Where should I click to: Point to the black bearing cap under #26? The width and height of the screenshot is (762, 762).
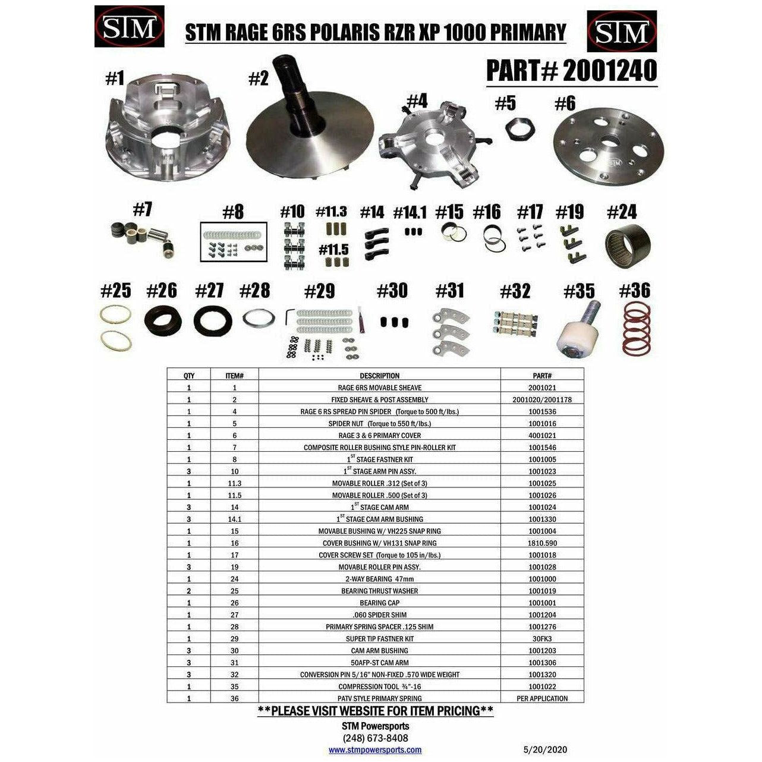(x=163, y=320)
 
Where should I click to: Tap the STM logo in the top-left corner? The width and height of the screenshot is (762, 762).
(x=129, y=27)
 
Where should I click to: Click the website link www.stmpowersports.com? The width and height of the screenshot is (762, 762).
(x=375, y=750)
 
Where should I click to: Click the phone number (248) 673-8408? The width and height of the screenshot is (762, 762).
(x=375, y=738)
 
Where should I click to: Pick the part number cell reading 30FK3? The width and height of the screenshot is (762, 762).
(x=542, y=638)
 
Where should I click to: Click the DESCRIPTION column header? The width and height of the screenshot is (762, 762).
(x=379, y=376)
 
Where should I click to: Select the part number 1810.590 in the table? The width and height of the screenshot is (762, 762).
(x=542, y=543)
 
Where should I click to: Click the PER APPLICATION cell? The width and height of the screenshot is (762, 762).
(x=542, y=698)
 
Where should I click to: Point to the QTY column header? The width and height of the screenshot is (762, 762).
(x=189, y=376)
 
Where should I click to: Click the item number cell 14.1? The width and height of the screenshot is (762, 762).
(x=234, y=519)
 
